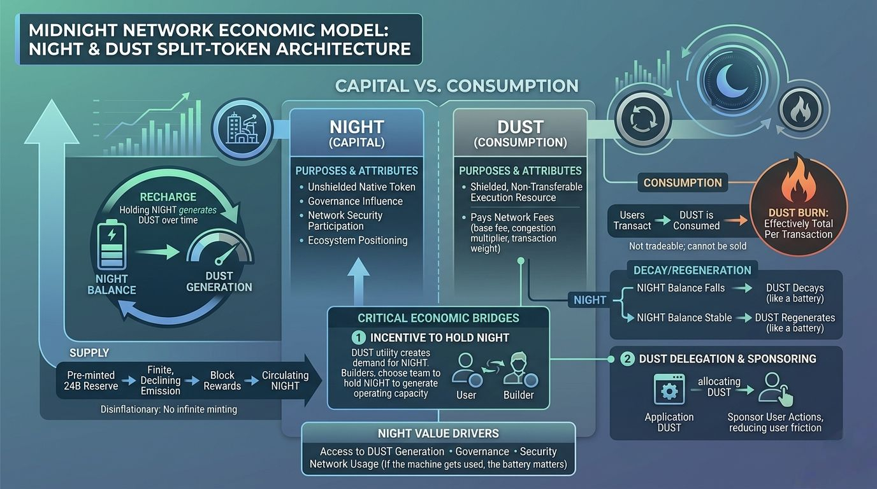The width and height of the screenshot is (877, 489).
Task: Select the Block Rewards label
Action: pyautogui.click(x=222, y=381)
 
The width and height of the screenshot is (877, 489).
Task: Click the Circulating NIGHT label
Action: pyautogui.click(x=285, y=381)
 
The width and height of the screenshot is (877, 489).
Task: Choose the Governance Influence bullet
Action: pyautogui.click(x=355, y=201)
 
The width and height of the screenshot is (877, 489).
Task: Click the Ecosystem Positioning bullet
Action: pyautogui.click(x=358, y=240)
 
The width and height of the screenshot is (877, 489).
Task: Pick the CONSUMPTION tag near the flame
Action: pyautogui.click(x=682, y=183)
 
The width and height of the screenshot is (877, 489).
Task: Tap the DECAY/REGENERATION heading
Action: pyautogui.click(x=683, y=270)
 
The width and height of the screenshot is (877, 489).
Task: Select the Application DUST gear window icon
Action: pyautogui.click(x=669, y=390)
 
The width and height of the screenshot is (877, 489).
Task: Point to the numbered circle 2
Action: pyautogui.click(x=627, y=359)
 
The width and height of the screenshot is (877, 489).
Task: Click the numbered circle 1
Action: pyautogui.click(x=359, y=337)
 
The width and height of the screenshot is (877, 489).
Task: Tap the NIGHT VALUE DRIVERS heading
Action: pyautogui.click(x=438, y=434)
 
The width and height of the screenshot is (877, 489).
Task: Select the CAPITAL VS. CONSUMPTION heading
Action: pyautogui.click(x=457, y=85)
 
